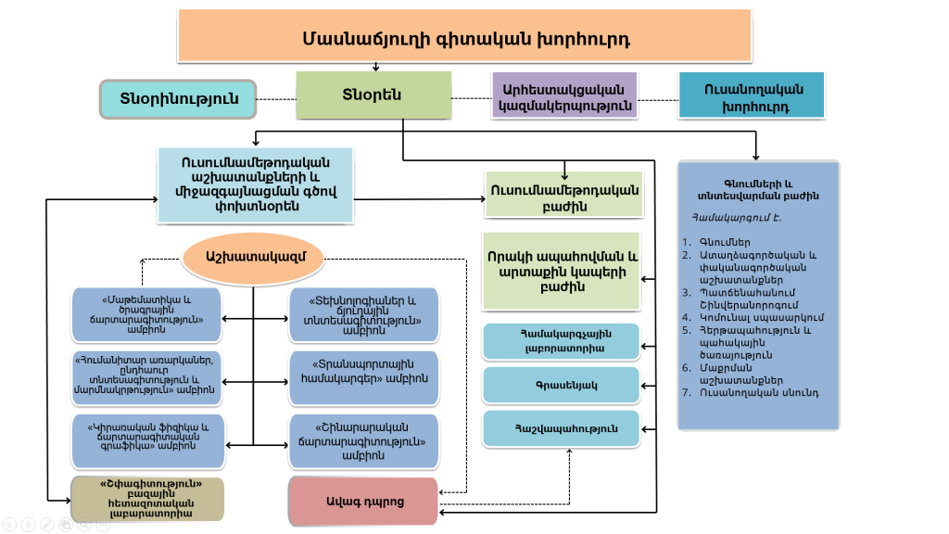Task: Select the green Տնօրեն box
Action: [x=373, y=95]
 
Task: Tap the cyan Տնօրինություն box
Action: [x=178, y=98]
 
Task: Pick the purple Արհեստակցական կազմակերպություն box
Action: [x=564, y=96]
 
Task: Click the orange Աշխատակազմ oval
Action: [x=253, y=256]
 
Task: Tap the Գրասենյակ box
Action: [x=561, y=385]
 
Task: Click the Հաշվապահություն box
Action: [x=561, y=428]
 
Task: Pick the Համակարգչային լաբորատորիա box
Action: [x=561, y=341]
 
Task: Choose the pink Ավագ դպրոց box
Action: [x=363, y=502]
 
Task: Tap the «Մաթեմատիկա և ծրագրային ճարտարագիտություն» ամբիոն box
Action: [x=147, y=314]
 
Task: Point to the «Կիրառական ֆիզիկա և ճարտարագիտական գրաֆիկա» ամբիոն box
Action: [x=147, y=440]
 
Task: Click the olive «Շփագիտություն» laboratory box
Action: [x=148, y=498]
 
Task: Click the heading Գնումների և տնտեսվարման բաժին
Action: [x=758, y=189]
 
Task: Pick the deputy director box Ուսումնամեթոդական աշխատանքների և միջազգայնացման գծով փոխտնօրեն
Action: [x=255, y=184]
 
